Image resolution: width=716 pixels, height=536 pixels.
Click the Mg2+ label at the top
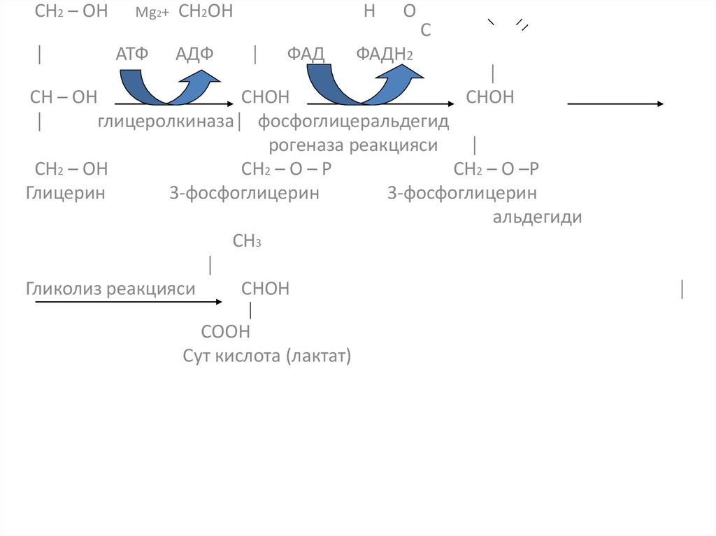point(147,13)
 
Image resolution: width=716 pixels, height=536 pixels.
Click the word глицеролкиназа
point(165,122)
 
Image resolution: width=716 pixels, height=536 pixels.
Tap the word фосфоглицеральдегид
point(354,122)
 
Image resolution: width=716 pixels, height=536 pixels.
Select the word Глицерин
point(66,193)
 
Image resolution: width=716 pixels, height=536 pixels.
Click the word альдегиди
point(538,217)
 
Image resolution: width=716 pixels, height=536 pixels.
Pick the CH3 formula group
point(247,242)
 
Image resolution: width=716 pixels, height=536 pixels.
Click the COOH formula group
point(225,331)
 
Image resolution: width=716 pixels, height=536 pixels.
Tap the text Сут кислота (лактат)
point(267,356)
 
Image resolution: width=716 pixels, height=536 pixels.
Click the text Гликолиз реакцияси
point(110,289)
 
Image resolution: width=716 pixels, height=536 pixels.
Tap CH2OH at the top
point(206,12)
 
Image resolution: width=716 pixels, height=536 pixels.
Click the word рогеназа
point(307,145)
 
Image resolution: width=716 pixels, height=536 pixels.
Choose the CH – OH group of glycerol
point(64,97)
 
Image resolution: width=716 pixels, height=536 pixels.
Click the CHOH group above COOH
point(265,289)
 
